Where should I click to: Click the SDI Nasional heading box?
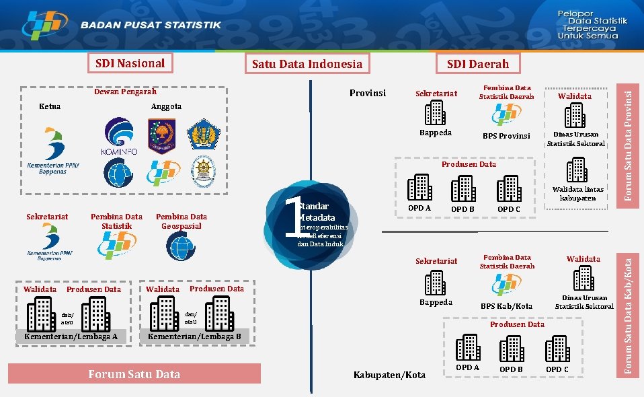click(130, 63)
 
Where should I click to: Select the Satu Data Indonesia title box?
click(307, 64)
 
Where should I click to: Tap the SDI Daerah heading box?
click(478, 63)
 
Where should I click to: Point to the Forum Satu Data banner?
click(134, 374)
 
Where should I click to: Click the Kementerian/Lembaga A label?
click(71, 336)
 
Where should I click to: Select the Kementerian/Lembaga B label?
click(194, 336)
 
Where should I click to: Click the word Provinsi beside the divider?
click(368, 93)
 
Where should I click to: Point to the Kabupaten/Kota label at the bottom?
click(389, 375)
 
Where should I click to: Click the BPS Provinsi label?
click(506, 136)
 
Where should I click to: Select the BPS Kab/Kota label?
click(506, 306)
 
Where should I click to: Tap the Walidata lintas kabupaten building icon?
click(577, 170)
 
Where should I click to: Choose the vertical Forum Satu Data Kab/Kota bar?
click(628, 312)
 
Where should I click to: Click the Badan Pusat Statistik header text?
click(151, 26)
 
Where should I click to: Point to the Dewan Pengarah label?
click(124, 92)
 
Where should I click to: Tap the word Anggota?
click(166, 106)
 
